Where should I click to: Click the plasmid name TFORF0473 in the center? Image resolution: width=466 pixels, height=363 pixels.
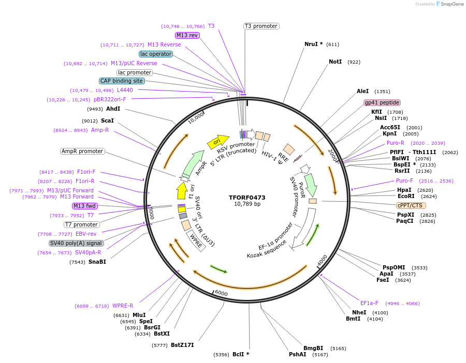tap(247, 198)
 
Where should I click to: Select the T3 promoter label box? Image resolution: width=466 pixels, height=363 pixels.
tap(261, 26)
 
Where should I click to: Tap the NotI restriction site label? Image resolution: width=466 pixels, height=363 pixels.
tap(335, 62)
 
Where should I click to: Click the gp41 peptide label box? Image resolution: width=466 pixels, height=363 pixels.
tap(382, 102)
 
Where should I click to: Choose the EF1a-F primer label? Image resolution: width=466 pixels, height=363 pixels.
tap(369, 303)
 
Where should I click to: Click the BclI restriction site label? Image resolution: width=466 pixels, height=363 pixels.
tap(238, 354)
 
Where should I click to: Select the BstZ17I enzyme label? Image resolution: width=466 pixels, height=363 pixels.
tap(182, 345)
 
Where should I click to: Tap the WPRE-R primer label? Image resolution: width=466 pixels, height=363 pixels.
tap(123, 306)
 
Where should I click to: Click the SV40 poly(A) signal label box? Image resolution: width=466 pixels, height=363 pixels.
tap(76, 243)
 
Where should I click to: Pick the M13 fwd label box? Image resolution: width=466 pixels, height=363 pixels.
tap(84, 206)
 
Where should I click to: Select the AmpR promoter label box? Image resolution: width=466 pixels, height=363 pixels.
tap(82, 151)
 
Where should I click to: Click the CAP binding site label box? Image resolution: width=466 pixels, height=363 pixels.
tap(122, 81)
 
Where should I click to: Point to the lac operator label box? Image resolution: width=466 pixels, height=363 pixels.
tap(155, 54)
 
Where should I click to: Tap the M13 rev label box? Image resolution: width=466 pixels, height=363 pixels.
tap(187, 35)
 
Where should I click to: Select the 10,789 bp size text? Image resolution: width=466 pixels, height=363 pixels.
tap(247, 204)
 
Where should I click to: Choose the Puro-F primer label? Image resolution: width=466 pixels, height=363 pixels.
tap(404, 180)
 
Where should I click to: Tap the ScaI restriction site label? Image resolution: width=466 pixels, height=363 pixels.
tap(107, 120)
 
